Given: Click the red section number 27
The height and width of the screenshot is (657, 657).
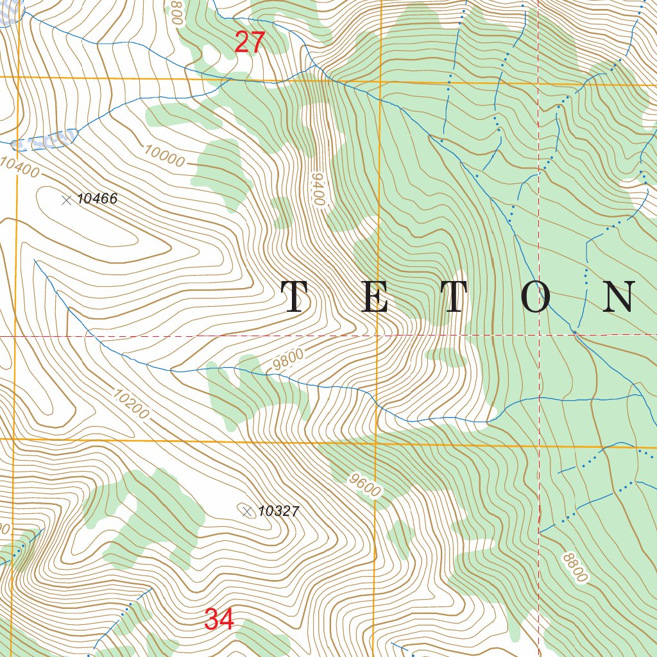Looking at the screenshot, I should tap(250, 43).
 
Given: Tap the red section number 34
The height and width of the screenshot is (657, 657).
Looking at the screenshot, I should tap(219, 620).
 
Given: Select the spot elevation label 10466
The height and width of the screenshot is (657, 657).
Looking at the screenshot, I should tap(98, 199).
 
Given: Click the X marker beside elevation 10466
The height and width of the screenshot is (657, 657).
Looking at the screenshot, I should tap(66, 200).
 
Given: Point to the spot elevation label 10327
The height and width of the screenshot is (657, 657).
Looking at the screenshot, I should tap(278, 511).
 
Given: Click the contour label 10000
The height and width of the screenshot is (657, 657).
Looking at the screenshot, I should tap(164, 156).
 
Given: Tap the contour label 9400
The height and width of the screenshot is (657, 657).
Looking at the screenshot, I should tap(316, 189).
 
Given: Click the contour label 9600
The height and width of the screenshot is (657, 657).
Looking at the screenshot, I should tap(366, 486).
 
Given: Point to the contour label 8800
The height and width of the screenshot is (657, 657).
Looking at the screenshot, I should tap(574, 567).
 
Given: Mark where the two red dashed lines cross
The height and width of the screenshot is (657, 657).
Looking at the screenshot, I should tap(538, 335).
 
